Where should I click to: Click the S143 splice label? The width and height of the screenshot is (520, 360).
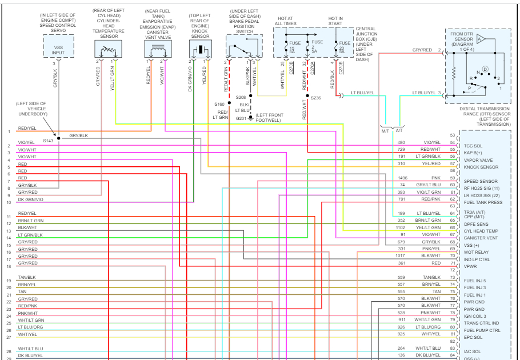(48, 139)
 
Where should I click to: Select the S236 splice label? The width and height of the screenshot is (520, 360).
(316, 98)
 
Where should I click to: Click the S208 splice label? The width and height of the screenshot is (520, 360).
(241, 98)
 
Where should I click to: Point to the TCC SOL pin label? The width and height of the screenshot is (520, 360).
(474, 146)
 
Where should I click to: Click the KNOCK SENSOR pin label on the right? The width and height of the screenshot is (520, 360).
(481, 167)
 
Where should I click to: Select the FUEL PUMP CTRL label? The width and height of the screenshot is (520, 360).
(482, 330)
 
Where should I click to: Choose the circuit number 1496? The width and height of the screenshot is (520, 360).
(402, 178)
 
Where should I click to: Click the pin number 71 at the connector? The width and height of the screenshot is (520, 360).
(452, 263)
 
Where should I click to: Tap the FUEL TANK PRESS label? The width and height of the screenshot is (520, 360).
(483, 202)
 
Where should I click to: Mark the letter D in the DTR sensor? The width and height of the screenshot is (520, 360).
(485, 69)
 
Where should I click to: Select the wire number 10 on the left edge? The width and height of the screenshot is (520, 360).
(9, 202)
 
